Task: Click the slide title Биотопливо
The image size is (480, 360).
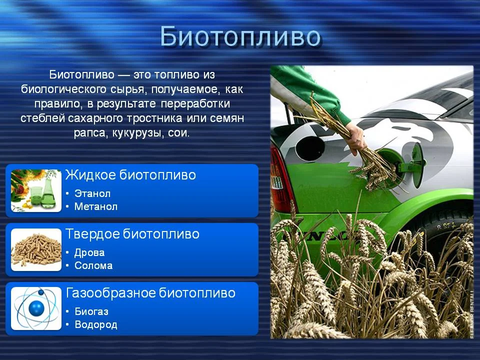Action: [x=240, y=36]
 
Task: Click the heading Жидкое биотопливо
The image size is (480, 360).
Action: [x=130, y=175]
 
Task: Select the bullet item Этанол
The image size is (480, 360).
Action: [x=92, y=193]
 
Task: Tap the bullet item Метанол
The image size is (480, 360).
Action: [x=96, y=206]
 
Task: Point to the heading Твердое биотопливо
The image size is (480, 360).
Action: [x=132, y=234]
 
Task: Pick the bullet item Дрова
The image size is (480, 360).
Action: [x=89, y=252]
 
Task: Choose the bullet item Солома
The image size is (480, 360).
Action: [x=93, y=265]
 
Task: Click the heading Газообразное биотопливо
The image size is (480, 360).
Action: [x=150, y=293]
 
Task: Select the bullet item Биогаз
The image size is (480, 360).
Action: [x=91, y=311]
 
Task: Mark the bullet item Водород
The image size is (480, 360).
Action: [x=96, y=324]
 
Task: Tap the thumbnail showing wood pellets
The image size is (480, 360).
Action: [x=36, y=249]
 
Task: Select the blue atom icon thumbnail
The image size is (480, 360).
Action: [x=36, y=308]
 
